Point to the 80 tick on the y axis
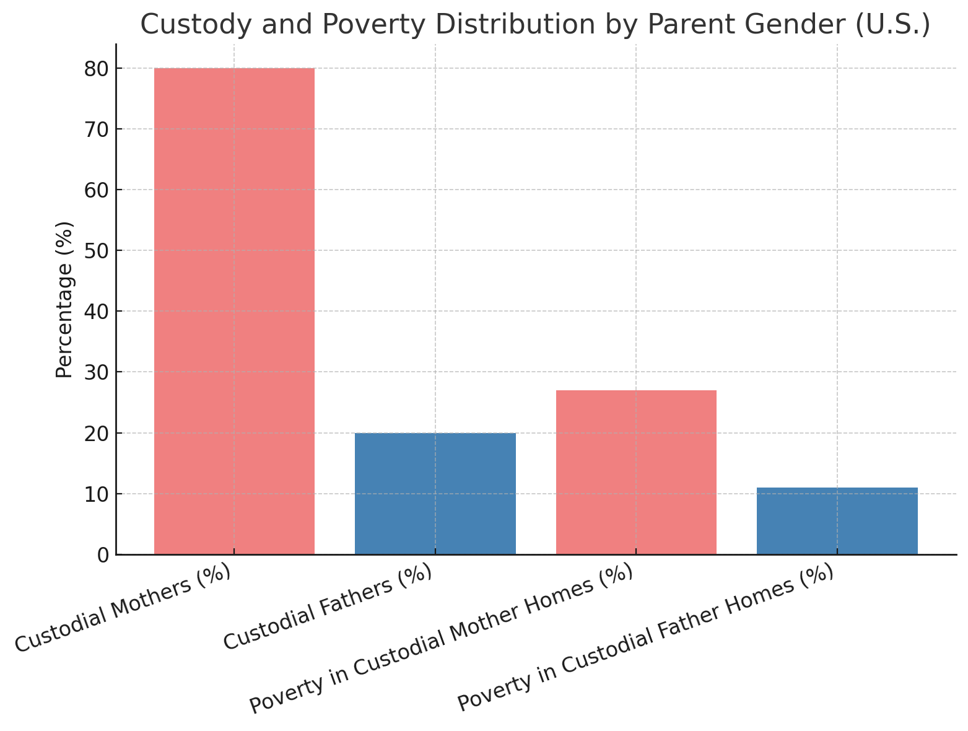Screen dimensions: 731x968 [x=97, y=68]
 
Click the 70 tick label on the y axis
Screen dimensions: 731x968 [x=97, y=129]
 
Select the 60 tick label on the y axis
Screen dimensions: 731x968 [x=97, y=190]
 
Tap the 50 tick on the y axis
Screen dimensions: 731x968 [x=97, y=250]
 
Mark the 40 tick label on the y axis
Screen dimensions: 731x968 [x=97, y=311]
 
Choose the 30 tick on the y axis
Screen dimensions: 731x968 [x=97, y=372]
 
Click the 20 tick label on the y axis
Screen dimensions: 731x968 [x=97, y=433]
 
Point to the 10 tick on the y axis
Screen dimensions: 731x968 [x=97, y=494]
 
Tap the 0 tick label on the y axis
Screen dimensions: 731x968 [x=103, y=554]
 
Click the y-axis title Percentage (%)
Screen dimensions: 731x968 [x=64, y=299]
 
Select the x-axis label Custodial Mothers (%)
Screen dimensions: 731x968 [x=123, y=608]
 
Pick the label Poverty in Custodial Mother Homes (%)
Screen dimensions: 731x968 [x=440, y=639]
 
